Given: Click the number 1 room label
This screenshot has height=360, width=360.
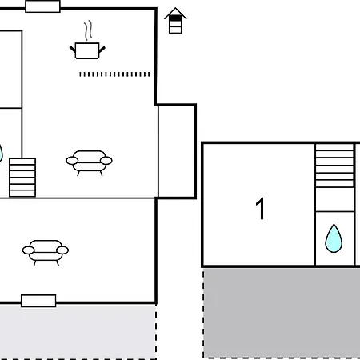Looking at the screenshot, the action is pos(260,209).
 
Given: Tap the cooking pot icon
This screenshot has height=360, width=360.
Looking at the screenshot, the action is pos(87,50).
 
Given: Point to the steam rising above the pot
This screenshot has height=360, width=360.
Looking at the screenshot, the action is pos(89,30).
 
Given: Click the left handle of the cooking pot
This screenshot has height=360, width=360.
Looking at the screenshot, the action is pos(73,49).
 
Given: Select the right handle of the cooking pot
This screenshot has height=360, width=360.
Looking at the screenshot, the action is pos(102,49).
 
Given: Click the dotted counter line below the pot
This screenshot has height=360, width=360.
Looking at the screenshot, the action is pos(114,74).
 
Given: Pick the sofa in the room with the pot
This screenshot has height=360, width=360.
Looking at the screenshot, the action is pos(89,162).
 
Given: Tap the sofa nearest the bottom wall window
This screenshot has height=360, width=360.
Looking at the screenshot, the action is pos(46,252).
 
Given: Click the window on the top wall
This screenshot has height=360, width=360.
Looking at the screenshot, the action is pos(42,6).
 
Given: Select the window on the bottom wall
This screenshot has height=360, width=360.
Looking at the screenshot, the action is pos(38,301).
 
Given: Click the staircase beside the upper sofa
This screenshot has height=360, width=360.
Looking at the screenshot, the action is pos(22,178).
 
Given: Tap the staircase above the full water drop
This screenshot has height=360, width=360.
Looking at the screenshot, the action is pos(334,166).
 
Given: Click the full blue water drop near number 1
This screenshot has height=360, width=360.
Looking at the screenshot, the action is pos(334,238).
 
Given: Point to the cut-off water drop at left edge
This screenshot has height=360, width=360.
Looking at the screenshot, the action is pos(1,154).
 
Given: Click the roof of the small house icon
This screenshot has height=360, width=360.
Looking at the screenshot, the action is pos(175,13).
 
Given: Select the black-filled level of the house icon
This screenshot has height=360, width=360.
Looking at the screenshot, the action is pos(175,18).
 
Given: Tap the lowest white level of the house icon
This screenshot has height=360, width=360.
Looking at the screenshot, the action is pos(175,30).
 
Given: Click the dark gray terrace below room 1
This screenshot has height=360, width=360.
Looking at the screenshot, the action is pos(282,313).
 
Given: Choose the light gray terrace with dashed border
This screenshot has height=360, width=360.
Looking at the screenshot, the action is pos(78,332).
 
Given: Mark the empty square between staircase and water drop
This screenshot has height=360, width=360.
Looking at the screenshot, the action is pos(335,199).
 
